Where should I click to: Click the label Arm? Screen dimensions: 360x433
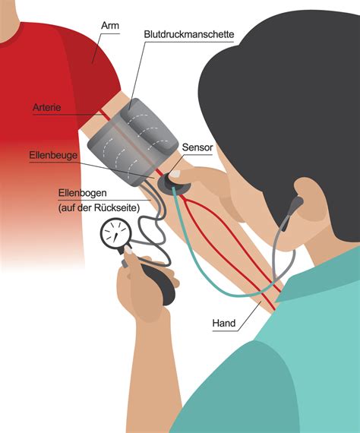point(110,25)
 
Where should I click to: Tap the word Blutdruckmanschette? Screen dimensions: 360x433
point(189,34)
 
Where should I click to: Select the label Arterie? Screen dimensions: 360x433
point(46,107)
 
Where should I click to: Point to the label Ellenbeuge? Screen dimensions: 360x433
point(53,155)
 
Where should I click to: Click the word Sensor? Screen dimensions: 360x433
point(197,147)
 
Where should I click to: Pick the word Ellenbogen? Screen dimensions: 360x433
point(82,193)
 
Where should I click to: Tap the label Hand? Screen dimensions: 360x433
point(224,323)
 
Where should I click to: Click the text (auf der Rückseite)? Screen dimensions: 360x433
point(99,207)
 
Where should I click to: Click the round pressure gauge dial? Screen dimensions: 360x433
point(115,234)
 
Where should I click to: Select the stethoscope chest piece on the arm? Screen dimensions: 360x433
point(173,182)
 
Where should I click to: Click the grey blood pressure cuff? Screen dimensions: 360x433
point(132,141)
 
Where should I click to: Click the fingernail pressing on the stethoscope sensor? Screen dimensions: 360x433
point(175,174)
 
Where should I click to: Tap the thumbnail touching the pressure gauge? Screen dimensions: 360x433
point(128,250)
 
